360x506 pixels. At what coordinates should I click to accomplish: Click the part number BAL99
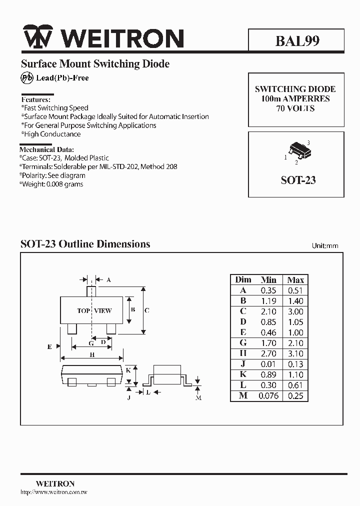[297, 41]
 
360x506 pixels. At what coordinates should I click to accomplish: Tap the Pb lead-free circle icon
[26, 77]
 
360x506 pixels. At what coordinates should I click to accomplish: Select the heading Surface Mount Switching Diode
[95, 64]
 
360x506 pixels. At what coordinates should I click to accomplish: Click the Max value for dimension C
[295, 311]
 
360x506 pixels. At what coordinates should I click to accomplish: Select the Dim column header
[243, 279]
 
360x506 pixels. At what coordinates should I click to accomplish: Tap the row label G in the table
[243, 343]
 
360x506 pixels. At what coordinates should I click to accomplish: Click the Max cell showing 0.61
[295, 385]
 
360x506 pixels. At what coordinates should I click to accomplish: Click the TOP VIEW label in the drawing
[94, 310]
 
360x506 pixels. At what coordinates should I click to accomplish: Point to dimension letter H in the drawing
[92, 354]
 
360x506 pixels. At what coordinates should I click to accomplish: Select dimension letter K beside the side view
[128, 370]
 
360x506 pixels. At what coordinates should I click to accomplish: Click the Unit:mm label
[325, 245]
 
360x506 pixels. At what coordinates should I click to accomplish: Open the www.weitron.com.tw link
[54, 492]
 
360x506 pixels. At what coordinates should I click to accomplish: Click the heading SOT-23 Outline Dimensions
[85, 244]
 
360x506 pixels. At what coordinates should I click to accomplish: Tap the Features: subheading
[36, 99]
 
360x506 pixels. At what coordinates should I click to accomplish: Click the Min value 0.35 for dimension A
[268, 290]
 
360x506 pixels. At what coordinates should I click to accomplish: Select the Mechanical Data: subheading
[46, 149]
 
